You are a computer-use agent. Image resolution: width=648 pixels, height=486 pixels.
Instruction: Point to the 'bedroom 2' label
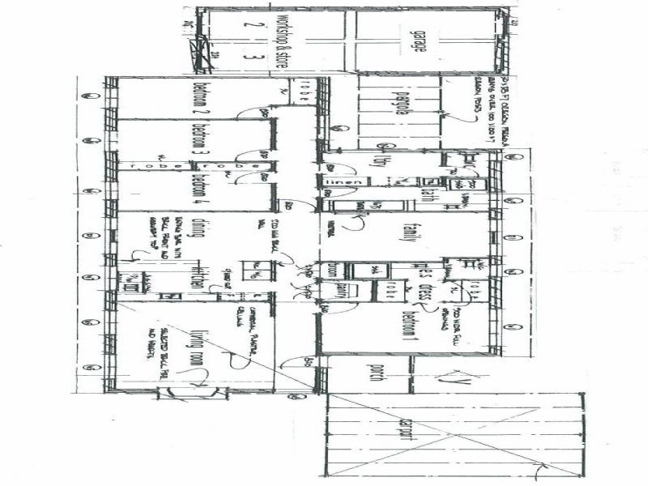[x=196, y=98]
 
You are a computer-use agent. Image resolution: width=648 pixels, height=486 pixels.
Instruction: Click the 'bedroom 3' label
[x=196, y=141]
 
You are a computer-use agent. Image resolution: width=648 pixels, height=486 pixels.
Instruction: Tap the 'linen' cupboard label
[x=337, y=183]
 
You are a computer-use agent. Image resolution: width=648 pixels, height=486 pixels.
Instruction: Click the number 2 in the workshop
[x=254, y=24]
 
